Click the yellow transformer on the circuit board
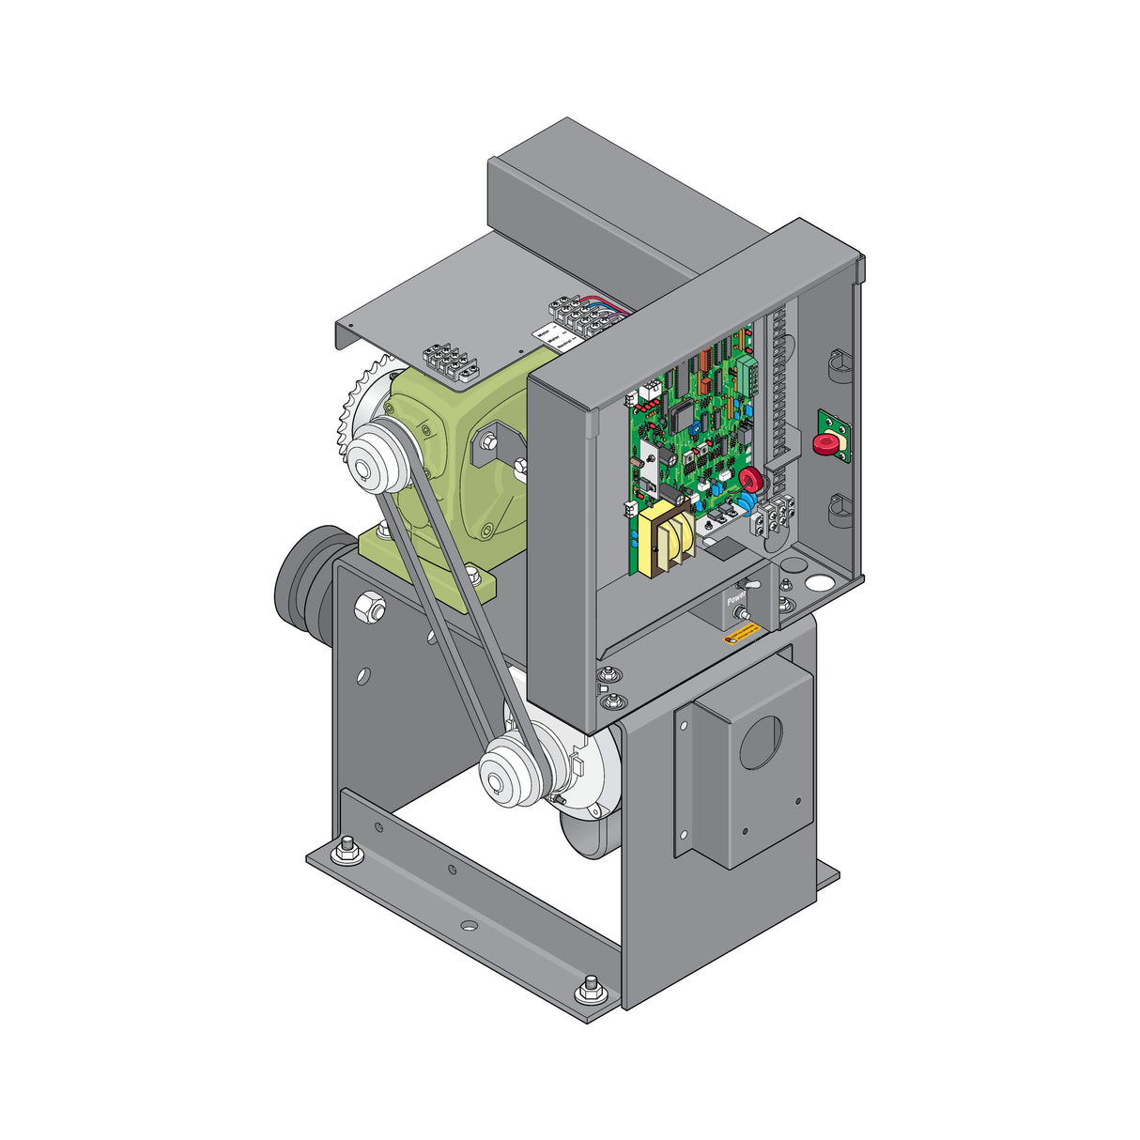pos(666,539)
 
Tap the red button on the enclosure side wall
pos(826,442)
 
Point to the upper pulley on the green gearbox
pos(377,458)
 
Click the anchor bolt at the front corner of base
pos(590,987)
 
